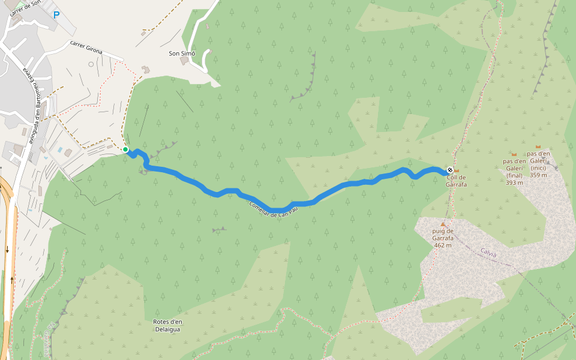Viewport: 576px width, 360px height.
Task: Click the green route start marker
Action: click(x=125, y=149)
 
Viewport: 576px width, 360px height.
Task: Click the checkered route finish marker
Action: click(x=450, y=171)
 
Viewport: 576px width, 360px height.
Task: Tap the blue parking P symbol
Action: click(x=56, y=15)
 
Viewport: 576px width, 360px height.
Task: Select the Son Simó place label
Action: click(x=182, y=53)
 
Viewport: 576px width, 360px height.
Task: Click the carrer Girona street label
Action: click(x=86, y=47)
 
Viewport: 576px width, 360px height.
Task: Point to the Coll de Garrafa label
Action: click(x=457, y=181)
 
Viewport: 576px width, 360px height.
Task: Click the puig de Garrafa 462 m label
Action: click(x=443, y=238)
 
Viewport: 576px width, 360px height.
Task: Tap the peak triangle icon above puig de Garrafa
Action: click(x=443, y=224)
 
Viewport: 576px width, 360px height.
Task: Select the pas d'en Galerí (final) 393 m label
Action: click(x=515, y=172)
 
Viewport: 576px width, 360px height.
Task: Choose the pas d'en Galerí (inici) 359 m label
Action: click(x=539, y=164)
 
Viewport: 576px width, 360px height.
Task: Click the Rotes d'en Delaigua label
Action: click(x=167, y=325)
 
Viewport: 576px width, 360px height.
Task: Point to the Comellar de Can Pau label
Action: click(x=274, y=210)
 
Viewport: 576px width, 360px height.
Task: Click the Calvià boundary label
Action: click(x=488, y=254)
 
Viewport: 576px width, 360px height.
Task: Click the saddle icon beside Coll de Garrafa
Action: click(x=457, y=171)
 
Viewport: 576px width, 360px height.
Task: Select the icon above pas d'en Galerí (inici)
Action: click(x=538, y=147)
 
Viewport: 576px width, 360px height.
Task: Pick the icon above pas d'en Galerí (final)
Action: click(x=514, y=155)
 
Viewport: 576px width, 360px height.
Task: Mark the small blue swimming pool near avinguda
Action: click(x=60, y=149)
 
